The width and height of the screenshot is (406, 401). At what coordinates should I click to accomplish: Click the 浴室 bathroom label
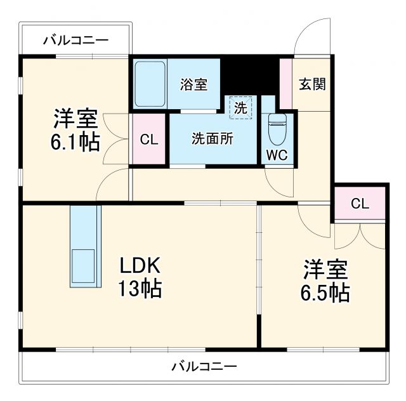coord(193,85)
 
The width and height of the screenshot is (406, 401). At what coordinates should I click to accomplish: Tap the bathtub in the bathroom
coord(150,84)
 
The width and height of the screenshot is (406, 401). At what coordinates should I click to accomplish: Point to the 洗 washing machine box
coord(240,107)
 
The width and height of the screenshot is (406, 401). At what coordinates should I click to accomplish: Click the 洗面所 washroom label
coord(213,140)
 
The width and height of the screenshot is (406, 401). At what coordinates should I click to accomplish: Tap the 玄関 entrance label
coord(312,84)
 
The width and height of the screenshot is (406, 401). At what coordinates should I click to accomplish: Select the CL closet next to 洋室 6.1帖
coord(149,140)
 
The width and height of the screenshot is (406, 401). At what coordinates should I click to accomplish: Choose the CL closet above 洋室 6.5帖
coord(360,204)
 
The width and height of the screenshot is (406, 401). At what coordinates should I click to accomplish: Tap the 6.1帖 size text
coord(75,142)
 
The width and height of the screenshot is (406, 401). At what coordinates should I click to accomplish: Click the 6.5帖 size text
coord(325,293)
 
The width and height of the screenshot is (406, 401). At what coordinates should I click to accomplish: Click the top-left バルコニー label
coord(75,41)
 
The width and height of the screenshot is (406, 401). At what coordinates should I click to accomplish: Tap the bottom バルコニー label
coord(204,366)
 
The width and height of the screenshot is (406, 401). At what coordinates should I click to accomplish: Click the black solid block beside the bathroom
coord(249,75)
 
